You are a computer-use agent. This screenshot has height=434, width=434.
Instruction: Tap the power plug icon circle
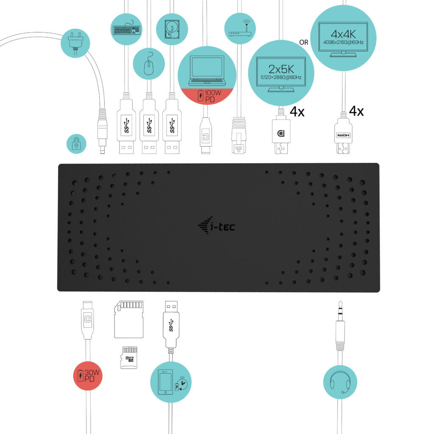point(75,43)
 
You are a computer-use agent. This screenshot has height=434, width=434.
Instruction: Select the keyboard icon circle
point(126,29)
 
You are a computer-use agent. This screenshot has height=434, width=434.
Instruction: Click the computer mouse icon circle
point(149,64)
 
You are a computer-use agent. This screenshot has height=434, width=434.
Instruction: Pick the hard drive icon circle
point(172,29)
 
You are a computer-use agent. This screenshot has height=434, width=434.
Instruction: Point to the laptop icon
point(206,68)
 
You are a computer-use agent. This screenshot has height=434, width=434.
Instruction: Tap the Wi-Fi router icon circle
point(240,29)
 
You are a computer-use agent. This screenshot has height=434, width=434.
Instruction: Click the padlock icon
point(76,144)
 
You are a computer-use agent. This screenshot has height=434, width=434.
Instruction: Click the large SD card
point(129,319)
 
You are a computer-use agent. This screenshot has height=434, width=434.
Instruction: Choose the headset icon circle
point(340,382)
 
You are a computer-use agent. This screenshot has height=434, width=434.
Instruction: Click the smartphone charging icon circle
point(172,382)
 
